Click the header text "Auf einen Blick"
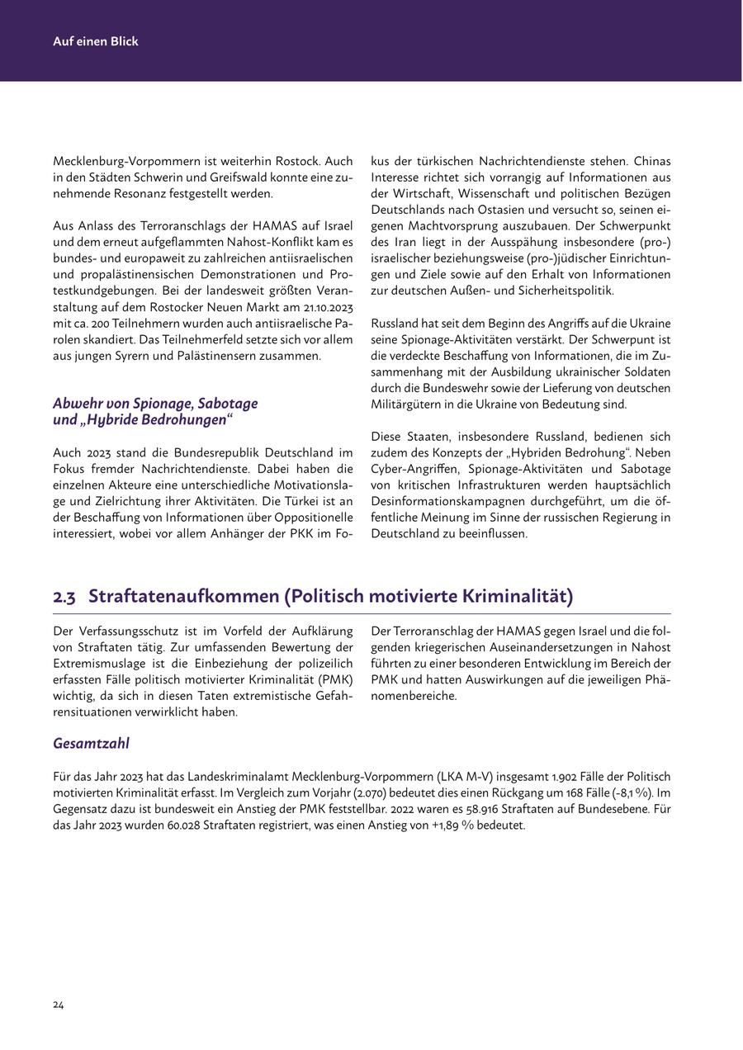[x=96, y=41]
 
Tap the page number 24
[x=59, y=1005]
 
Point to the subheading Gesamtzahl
[x=91, y=743]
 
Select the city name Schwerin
[x=146, y=177]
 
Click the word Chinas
[x=651, y=161]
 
